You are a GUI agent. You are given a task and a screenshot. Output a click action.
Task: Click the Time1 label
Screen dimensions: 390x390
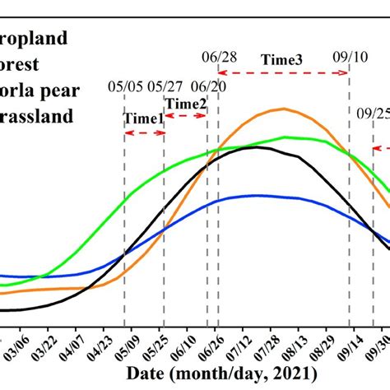143,118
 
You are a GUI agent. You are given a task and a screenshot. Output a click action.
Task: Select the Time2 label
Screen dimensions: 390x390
186,103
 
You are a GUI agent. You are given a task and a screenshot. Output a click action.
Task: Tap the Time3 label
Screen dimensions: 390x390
282,59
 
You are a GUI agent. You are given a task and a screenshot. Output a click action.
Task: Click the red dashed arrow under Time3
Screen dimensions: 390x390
283,73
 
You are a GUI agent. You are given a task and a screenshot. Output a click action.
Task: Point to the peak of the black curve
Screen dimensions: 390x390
257,147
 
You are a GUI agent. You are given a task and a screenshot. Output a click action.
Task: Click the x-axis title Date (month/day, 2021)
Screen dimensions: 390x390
211,374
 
